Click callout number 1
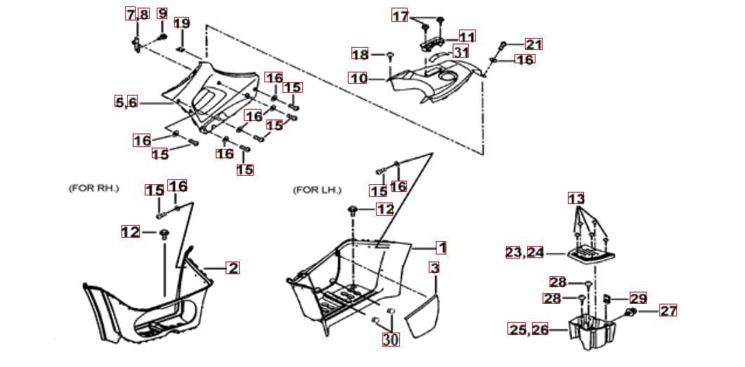coord(441,247)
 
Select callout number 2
coord(233,268)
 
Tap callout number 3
coord(434,268)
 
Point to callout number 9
coord(162,13)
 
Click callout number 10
coord(358,77)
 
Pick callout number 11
coord(467,36)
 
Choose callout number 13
coord(576,198)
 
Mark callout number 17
coord(400,15)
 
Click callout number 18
coord(360,53)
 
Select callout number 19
coord(181,22)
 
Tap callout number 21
coord(533,44)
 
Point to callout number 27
coord(668,311)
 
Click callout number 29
coord(638,298)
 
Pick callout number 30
coord(391,339)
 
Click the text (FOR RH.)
coord(93,188)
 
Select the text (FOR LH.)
coord(317,191)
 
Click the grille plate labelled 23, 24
coord(588,255)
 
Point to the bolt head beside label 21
coord(503,46)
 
